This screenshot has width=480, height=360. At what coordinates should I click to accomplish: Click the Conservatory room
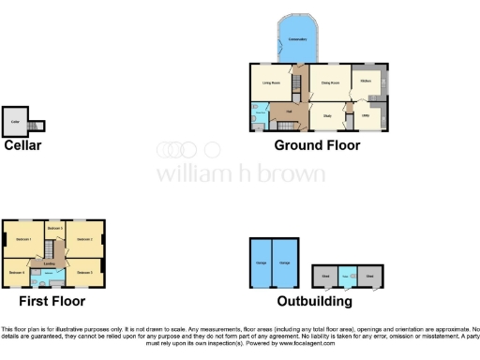pyautogui.click(x=299, y=40)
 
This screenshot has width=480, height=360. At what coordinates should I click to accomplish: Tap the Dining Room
pyautogui.click(x=330, y=83)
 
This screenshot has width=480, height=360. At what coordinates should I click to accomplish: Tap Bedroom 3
pyautogui.click(x=54, y=229)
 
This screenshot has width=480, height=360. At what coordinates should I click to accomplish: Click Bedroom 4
pyautogui.click(x=16, y=273)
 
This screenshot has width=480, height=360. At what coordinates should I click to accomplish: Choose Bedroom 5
pyautogui.click(x=84, y=273)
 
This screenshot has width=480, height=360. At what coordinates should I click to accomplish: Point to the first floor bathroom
pyautogui.click(x=47, y=277)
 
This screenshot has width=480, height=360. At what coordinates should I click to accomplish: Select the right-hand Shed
pyautogui.click(x=372, y=277)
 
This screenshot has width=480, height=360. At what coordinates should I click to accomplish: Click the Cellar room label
pyautogui.click(x=15, y=122)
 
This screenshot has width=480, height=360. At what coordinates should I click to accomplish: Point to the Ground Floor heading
pyautogui.click(x=317, y=145)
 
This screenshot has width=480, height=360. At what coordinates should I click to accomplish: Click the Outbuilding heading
pyautogui.click(x=315, y=302)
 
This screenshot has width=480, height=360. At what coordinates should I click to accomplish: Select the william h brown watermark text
pyautogui.click(x=240, y=174)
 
